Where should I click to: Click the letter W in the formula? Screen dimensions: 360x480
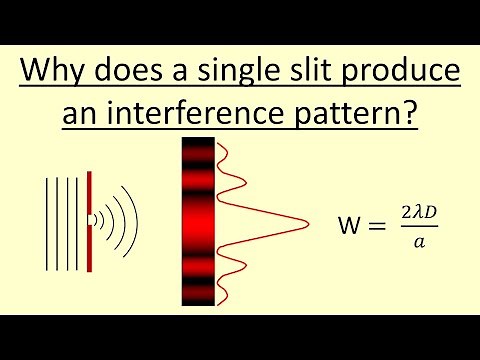tap(350, 228)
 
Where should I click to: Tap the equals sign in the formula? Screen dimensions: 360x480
tap(376, 228)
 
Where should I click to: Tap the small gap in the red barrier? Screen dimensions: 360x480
tap(89, 218)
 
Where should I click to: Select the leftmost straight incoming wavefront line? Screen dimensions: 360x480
tap(44, 218)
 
